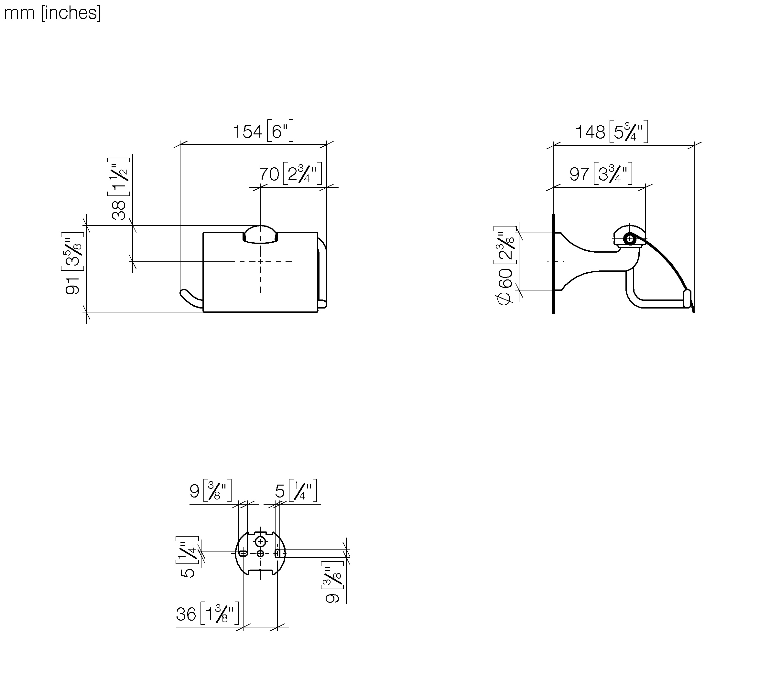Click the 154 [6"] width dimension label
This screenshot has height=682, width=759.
(263, 131)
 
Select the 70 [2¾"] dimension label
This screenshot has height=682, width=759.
(291, 173)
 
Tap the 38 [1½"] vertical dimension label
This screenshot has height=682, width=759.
(119, 188)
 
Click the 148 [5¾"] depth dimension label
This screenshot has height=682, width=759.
(612, 131)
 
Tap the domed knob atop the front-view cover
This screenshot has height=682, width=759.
(260, 234)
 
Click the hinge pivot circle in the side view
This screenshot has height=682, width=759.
(630, 239)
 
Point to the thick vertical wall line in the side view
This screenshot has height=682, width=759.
(554, 263)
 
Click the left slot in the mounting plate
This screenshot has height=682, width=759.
(243, 553)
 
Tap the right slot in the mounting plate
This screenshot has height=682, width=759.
(277, 553)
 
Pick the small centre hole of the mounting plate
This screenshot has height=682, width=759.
(260, 553)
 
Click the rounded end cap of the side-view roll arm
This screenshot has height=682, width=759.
(687, 299)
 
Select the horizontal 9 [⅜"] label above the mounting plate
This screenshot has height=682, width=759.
(211, 490)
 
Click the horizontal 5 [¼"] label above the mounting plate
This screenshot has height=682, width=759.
(296, 490)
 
